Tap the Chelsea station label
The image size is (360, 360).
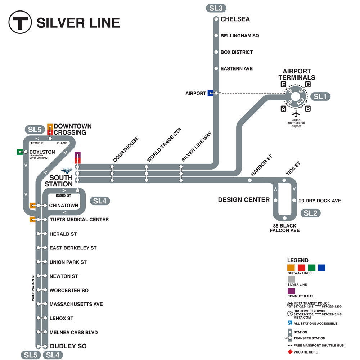tap(235, 19)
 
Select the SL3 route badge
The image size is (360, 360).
tap(216, 8)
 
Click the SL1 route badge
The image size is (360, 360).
tap(320, 96)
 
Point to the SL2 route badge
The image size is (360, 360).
tap(310, 213)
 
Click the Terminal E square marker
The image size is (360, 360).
tap(284, 85)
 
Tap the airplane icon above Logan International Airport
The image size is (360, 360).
tap(296, 113)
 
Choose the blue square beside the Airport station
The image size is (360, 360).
tap(211, 93)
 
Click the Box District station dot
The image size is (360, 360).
tap(216, 52)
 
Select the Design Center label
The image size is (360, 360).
tap(244, 200)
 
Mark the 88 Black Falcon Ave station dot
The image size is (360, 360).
tap(284, 218)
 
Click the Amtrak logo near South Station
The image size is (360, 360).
tap(67, 170)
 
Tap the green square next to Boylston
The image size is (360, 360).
tap(20, 152)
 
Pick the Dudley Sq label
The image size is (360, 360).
tap(68, 346)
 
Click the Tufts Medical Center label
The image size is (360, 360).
tap(79, 220)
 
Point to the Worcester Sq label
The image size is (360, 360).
tap(69, 290)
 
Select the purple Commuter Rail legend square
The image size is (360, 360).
tap(291, 291)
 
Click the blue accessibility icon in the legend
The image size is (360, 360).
tap(290, 323)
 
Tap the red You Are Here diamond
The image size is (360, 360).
tap(290, 352)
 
